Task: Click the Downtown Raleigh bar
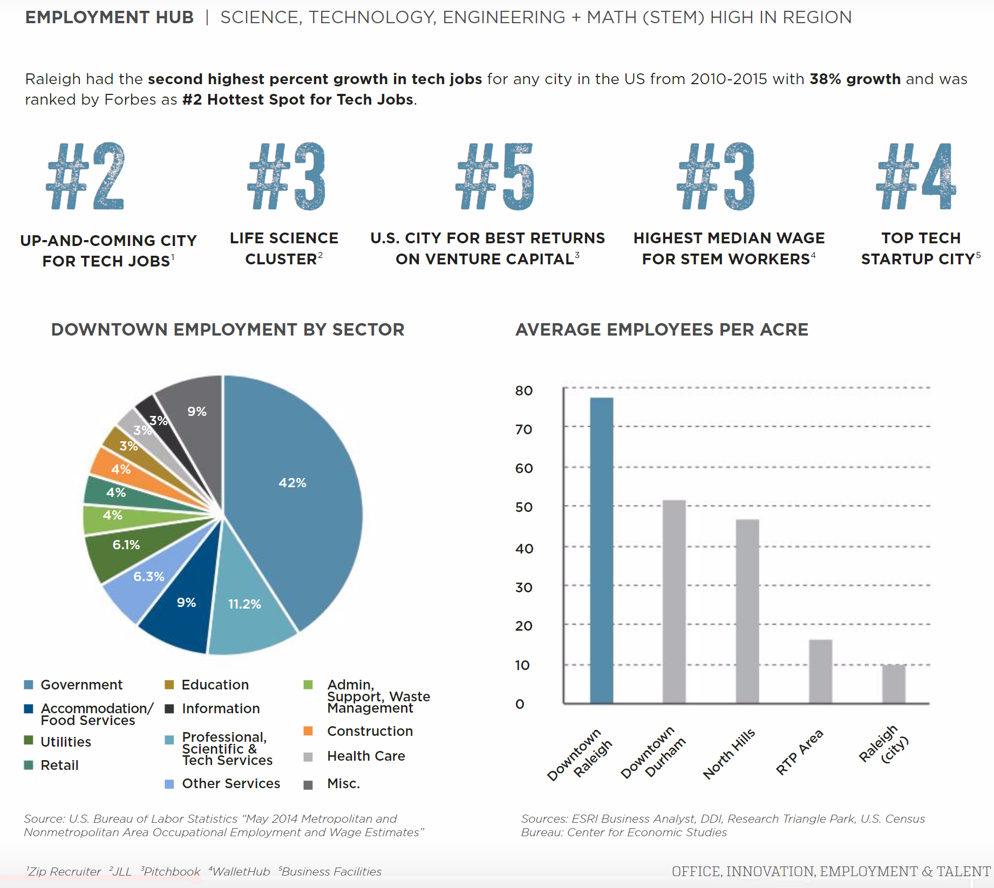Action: click(601, 550)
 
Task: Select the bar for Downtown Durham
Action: click(674, 602)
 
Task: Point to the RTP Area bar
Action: click(820, 671)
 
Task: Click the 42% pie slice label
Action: click(292, 483)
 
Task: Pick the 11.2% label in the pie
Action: click(244, 604)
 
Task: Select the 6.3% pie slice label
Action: click(149, 576)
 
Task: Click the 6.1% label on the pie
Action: click(126, 544)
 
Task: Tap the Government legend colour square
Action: click(29, 685)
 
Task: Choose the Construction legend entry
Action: click(370, 731)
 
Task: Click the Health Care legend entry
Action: click(366, 756)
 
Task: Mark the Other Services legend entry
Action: click(231, 783)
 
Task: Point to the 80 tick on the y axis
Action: click(523, 391)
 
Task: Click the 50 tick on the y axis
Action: click(523, 507)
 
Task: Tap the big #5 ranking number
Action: click(495, 176)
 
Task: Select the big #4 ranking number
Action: click(916, 176)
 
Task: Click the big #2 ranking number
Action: click(86, 176)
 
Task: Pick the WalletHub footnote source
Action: click(240, 871)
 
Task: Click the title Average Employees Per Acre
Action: click(662, 330)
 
